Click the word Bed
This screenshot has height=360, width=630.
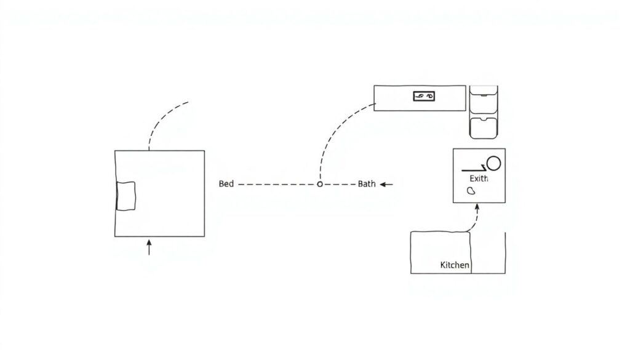(226, 184)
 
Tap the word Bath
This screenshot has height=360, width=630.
(367, 184)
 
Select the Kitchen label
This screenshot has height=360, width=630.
(455, 265)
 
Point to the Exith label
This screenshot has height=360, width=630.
(479, 178)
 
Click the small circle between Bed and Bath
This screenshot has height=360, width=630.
(319, 184)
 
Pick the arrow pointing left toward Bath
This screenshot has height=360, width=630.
(387, 184)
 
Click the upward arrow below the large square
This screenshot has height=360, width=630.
(148, 247)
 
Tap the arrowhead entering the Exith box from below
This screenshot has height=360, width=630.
(477, 208)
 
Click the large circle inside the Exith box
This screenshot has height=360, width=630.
(493, 163)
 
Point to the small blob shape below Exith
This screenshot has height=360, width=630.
(472, 191)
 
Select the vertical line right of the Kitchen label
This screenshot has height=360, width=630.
(505, 252)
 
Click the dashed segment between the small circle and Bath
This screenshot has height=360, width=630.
(338, 184)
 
